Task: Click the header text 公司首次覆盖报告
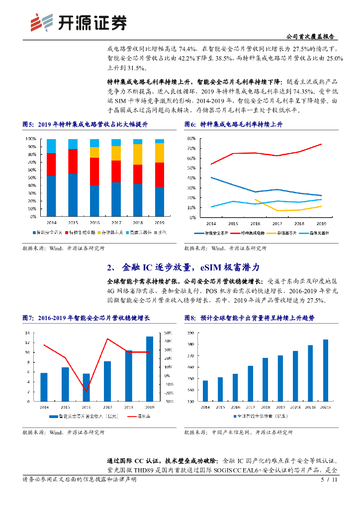tap(311, 37)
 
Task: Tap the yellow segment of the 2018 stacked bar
tap(138, 154)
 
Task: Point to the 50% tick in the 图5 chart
tap(31, 177)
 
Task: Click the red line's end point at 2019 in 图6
tap(321, 144)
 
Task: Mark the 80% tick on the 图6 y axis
tap(190, 138)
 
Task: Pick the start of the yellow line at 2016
tap(255, 199)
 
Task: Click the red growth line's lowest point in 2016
tap(86, 391)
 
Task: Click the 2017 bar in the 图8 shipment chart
tap(250, 384)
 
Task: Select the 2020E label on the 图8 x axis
tap(295, 407)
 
